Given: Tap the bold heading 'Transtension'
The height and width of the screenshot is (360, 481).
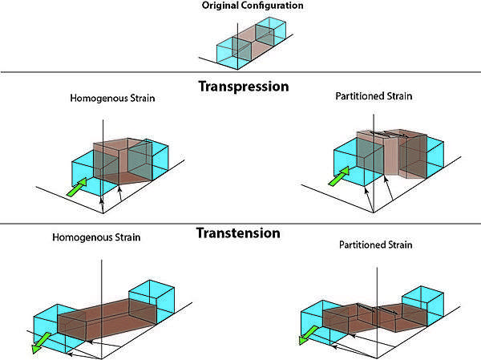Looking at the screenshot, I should point(238,234).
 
